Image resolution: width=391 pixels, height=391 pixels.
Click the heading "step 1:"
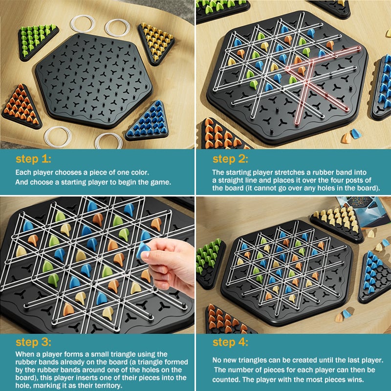(33, 159)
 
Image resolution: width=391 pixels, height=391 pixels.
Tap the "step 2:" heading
(230, 159)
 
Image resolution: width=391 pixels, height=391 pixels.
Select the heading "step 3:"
(33, 342)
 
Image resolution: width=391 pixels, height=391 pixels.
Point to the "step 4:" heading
(230, 342)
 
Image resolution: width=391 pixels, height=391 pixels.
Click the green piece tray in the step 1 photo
(38, 41)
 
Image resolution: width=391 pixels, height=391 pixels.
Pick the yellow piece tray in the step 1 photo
(156, 43)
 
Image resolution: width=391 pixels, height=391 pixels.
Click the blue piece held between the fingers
(143, 250)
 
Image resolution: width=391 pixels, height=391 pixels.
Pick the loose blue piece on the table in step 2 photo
(356, 133)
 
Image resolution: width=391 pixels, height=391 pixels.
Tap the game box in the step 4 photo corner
(363, 212)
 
